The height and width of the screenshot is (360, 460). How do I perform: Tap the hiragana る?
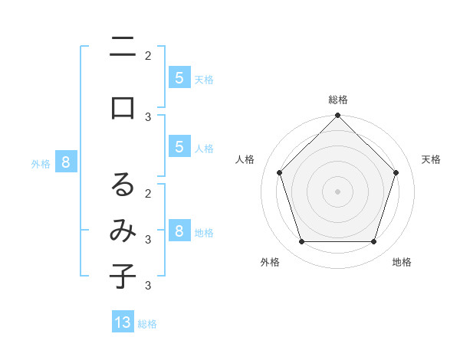tap(123, 184)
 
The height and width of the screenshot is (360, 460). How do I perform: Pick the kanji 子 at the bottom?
tap(123, 276)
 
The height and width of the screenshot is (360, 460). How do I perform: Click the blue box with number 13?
tap(123, 322)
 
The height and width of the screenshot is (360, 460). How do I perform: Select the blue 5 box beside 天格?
tap(179, 77)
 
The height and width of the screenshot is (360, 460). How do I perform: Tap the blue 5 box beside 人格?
tap(179, 147)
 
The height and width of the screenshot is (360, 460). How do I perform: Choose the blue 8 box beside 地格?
tap(179, 231)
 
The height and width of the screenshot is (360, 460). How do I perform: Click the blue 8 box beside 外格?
tap(66, 162)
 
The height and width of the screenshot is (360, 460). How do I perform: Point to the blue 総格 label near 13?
tap(147, 324)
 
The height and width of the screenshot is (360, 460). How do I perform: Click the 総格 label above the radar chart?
tap(337, 100)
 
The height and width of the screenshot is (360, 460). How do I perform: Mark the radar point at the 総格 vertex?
tap(337, 116)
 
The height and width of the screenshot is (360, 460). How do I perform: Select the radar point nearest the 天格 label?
tap(396, 172)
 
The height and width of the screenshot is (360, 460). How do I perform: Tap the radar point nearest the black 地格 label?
tap(374, 242)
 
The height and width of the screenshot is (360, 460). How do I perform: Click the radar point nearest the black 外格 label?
tap(301, 242)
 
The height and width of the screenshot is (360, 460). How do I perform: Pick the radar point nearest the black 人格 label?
tap(279, 172)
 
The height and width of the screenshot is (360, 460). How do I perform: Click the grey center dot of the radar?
tap(337, 191)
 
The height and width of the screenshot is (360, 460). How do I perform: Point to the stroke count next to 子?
tap(147, 286)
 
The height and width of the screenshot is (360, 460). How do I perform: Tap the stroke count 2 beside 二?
tap(147, 55)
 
